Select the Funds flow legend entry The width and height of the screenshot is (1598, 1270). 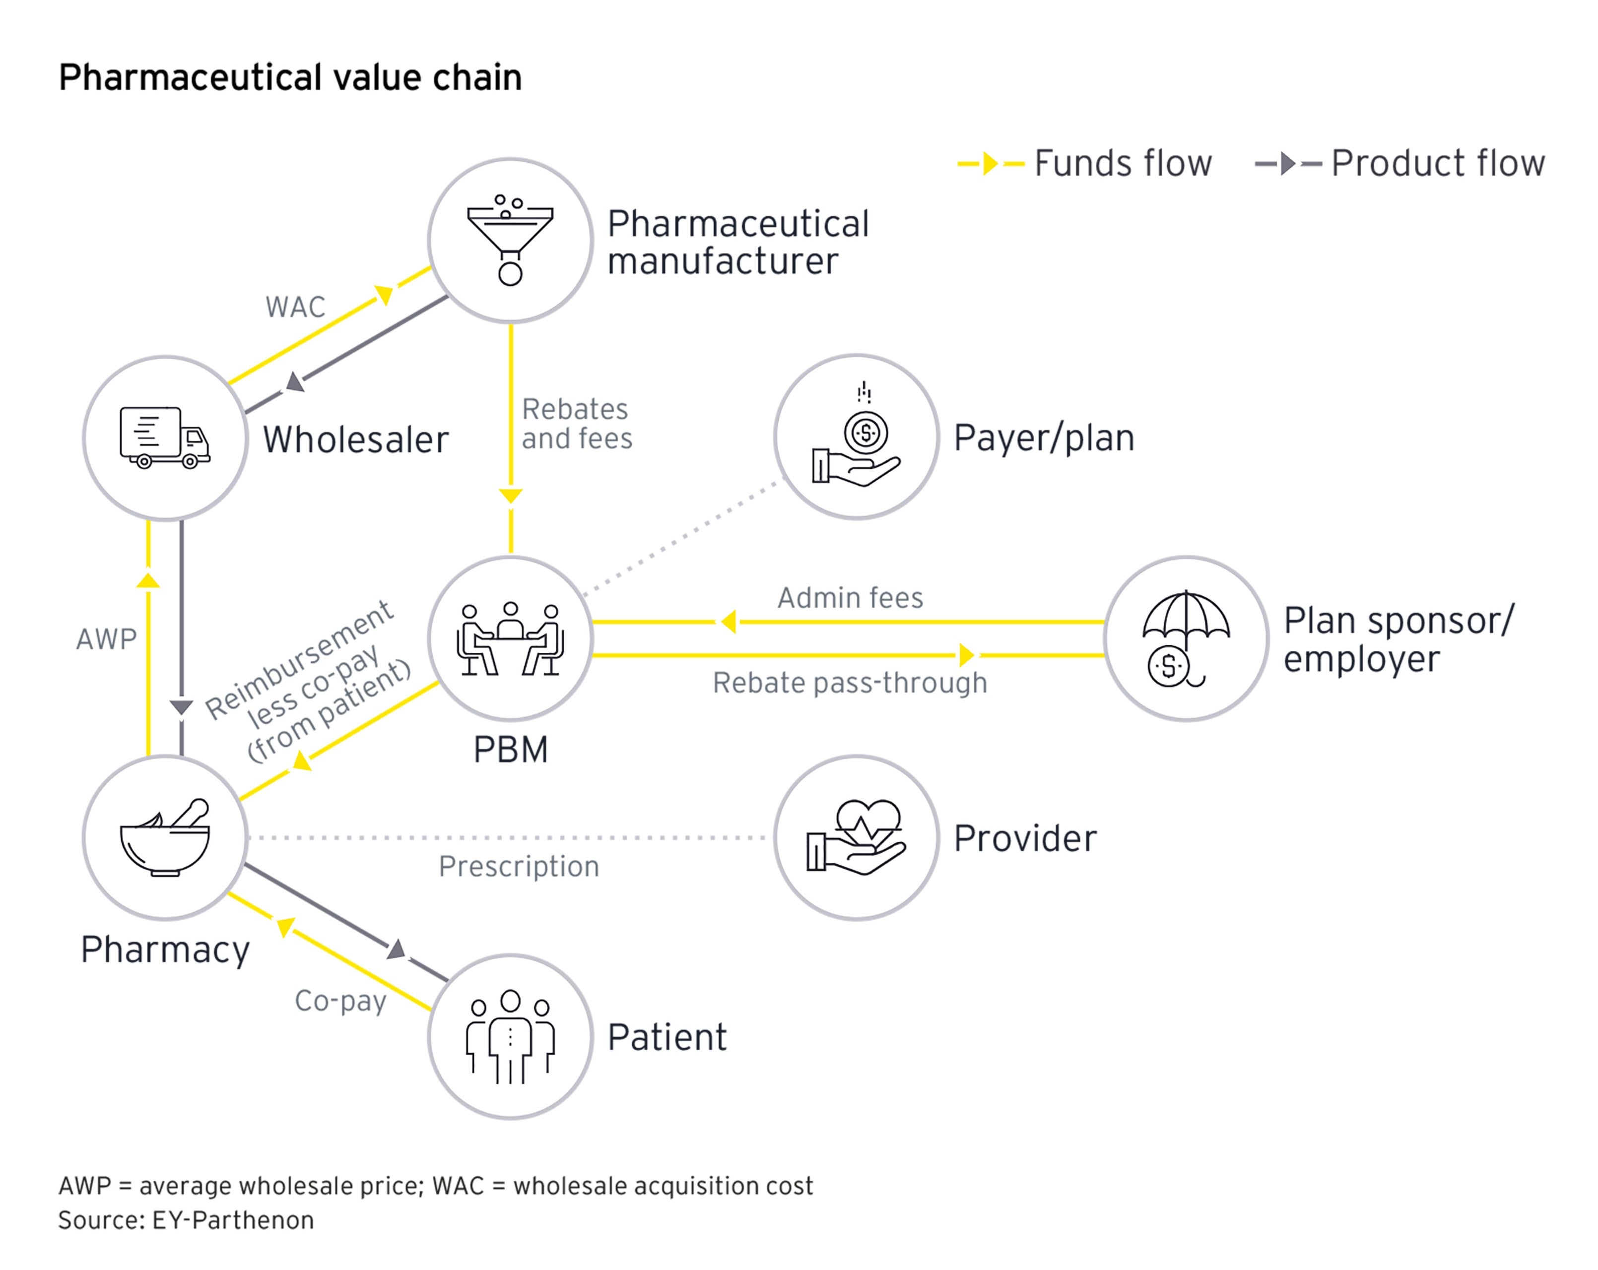tap(1084, 163)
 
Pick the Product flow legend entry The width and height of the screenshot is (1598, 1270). tap(1399, 163)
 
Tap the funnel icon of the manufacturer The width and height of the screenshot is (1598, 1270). tap(510, 239)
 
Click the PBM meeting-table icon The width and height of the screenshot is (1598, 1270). tap(510, 638)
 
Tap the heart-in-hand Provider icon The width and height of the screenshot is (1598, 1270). tap(856, 837)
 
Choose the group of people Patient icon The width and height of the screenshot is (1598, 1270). tap(510, 1036)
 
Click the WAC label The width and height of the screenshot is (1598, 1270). tap(295, 307)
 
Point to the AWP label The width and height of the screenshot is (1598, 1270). tap(106, 638)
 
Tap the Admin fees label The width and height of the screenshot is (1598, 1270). tap(850, 597)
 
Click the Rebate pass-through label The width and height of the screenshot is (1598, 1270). tap(850, 683)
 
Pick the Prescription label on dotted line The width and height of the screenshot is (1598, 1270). tap(519, 866)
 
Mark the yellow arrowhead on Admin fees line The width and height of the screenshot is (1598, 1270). tap(729, 622)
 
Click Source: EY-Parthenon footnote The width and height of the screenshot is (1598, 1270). tap(186, 1219)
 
